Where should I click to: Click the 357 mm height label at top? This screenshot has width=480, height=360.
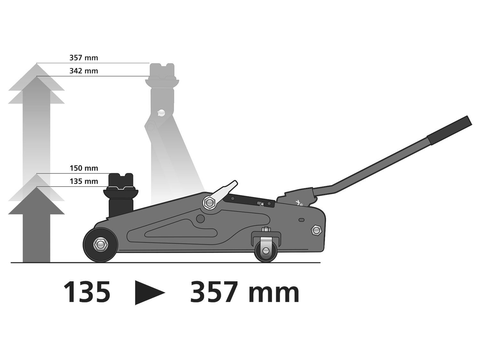click(84, 58)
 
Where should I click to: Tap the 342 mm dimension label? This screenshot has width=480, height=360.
click(84, 71)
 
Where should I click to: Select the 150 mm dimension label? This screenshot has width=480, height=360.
click(84, 168)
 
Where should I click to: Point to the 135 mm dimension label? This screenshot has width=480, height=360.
click(84, 181)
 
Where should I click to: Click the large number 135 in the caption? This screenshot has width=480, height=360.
click(87, 292)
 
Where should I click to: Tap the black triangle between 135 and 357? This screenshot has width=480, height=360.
click(149, 292)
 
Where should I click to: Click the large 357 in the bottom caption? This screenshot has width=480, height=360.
click(214, 292)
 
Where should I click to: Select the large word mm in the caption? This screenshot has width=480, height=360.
click(273, 294)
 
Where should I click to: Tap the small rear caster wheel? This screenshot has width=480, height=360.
click(266, 251)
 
